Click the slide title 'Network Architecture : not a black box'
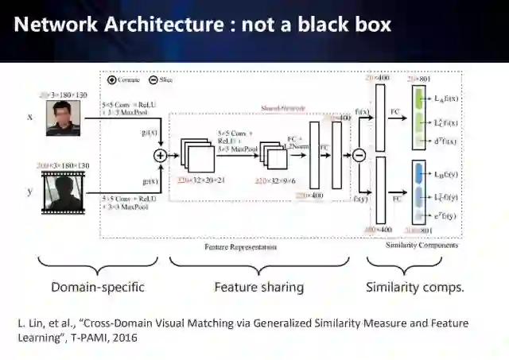pos(203,25)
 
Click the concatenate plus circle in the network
pos(161,155)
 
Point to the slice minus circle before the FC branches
pos(358,156)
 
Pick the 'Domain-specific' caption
pos(97,286)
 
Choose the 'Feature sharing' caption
pos(258,286)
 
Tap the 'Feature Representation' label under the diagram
pos(240,246)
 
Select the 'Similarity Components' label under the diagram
pos(421,246)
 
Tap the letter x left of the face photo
pos(30,117)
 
